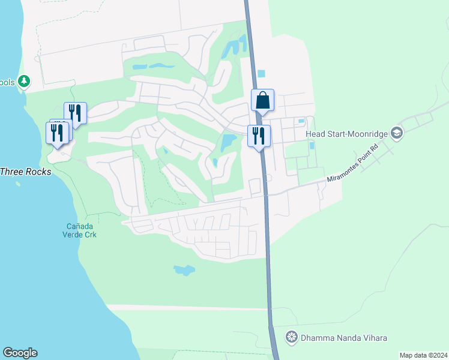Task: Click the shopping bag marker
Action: coord(262,101)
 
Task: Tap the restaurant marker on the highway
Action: coord(259,136)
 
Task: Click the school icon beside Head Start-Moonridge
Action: coord(396,133)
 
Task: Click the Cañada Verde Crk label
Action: coord(81,230)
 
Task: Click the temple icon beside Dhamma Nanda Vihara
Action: coord(292,337)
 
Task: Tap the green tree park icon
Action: coord(23,81)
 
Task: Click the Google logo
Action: coord(20,353)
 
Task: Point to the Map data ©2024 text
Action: coord(423,355)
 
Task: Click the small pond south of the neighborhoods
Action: coord(184,270)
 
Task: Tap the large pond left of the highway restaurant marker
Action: coord(229,143)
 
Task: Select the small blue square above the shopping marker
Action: coord(261,74)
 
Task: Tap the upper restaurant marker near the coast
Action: coord(76,113)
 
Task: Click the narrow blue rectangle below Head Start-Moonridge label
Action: coord(312,145)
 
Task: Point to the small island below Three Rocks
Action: coord(19,184)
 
